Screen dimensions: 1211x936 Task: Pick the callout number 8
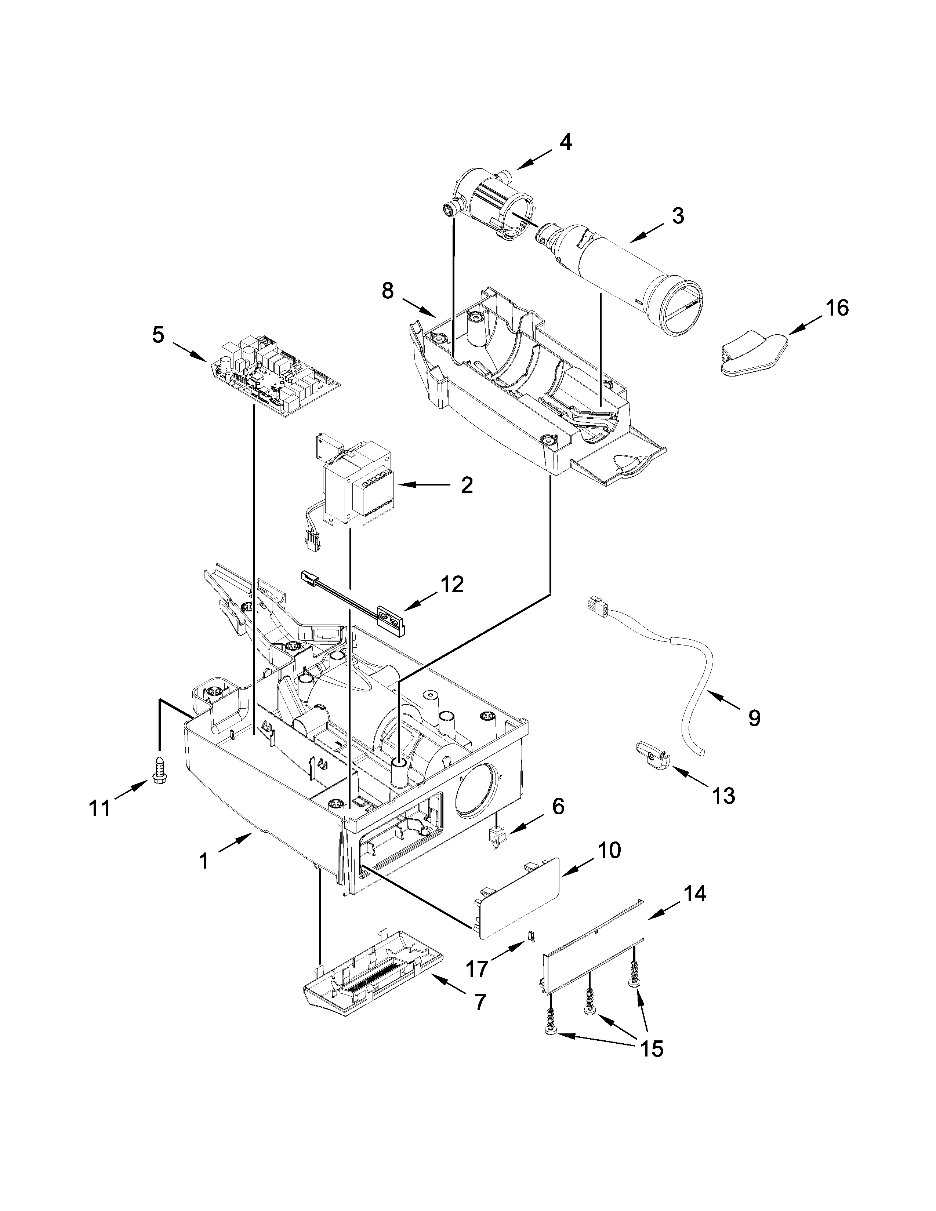tap(388, 291)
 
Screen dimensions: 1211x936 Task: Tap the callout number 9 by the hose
tap(754, 718)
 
